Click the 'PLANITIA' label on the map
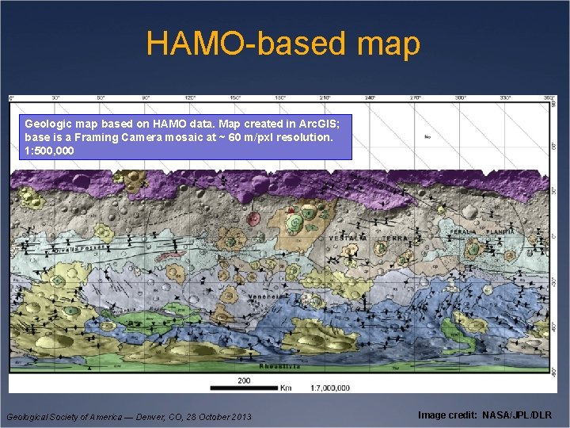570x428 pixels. click(500, 231)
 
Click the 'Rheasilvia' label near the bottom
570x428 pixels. click(279, 366)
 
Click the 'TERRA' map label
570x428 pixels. click(394, 238)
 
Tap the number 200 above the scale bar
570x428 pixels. click(244, 380)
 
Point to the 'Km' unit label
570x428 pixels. click(285, 388)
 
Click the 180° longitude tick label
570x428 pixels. click(280, 98)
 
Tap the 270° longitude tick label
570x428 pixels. click(415, 98)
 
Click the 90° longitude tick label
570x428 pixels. click(146, 98)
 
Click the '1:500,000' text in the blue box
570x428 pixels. click(49, 150)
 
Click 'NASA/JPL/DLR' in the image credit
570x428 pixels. click(519, 415)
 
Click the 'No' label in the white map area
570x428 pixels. click(427, 137)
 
